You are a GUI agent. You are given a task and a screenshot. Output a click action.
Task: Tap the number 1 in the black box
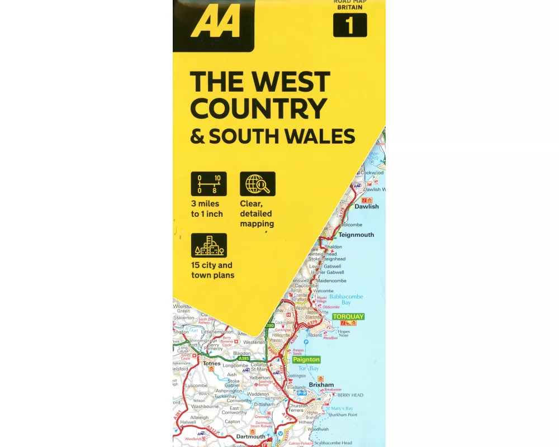(x=350, y=25)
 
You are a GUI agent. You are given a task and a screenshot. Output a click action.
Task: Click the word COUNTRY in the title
(x=258, y=108)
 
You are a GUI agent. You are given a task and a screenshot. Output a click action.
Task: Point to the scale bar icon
(x=209, y=184)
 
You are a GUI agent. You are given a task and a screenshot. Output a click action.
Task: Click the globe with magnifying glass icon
(x=258, y=184)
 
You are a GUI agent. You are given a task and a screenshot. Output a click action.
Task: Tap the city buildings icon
(x=209, y=245)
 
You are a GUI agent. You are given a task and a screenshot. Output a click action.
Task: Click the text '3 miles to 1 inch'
(x=207, y=209)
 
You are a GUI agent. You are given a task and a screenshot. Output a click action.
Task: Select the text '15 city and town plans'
(x=212, y=270)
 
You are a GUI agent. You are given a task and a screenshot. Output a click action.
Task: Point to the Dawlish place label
(x=367, y=207)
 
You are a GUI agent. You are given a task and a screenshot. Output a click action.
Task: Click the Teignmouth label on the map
(x=356, y=235)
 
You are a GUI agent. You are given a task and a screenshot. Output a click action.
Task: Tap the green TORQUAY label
(x=348, y=317)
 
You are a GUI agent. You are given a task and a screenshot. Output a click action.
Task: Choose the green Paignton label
(x=306, y=360)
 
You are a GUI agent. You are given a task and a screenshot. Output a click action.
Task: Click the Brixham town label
(x=321, y=385)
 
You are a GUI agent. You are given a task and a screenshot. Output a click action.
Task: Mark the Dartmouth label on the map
(x=250, y=436)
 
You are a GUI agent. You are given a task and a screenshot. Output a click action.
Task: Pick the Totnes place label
(x=212, y=363)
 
